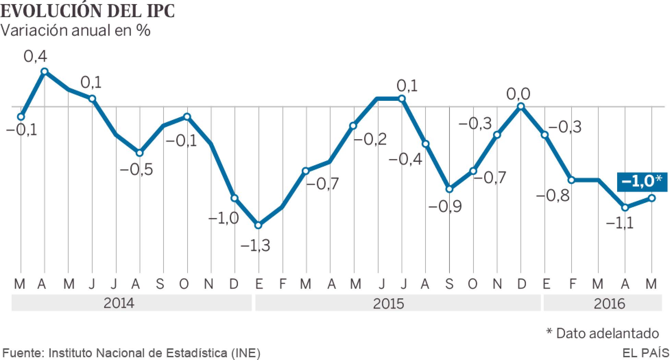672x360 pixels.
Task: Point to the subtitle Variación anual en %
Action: pos(75,31)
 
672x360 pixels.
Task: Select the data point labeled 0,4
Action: pos(45,71)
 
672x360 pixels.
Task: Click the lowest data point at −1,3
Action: pos(259,225)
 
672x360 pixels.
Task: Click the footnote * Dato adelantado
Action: pos(602,333)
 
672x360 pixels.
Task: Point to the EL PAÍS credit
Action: pos(646,353)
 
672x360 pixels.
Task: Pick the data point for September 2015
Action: pos(449,189)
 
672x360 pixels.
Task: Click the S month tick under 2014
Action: pos(160,284)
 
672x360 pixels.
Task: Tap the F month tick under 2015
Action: pos(283,284)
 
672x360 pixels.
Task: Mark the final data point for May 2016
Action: pos(652,198)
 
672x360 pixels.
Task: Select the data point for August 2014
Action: pos(139,153)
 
